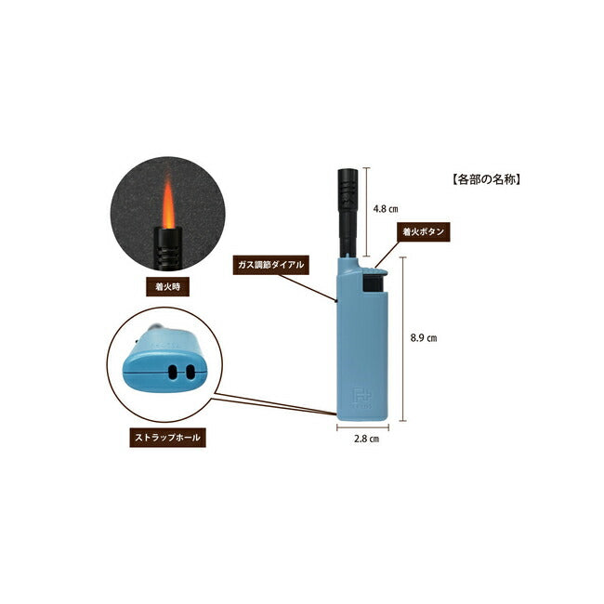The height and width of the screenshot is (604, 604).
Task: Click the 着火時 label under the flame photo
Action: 168,287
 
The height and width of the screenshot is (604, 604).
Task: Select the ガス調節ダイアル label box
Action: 270,265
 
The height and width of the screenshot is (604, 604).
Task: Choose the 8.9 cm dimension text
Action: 423,339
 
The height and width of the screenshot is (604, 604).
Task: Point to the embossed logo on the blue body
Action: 361,396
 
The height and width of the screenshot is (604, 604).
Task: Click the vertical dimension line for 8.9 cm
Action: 402,339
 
